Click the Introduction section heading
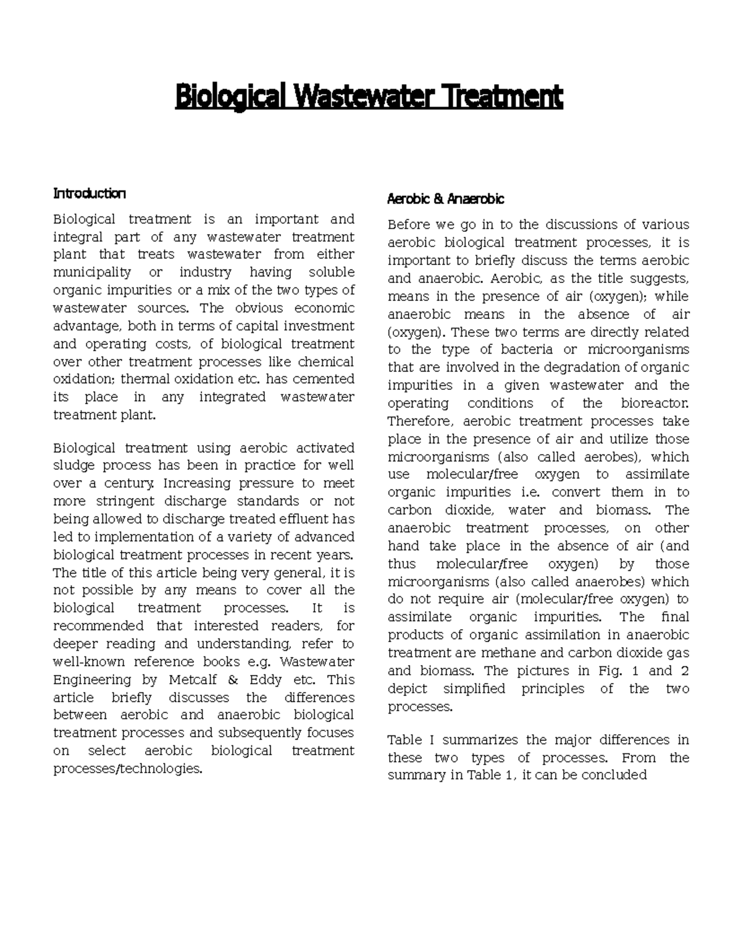pos(90,193)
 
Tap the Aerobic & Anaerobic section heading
pos(445,199)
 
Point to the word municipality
pos(92,273)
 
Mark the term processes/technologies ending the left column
pos(128,769)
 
